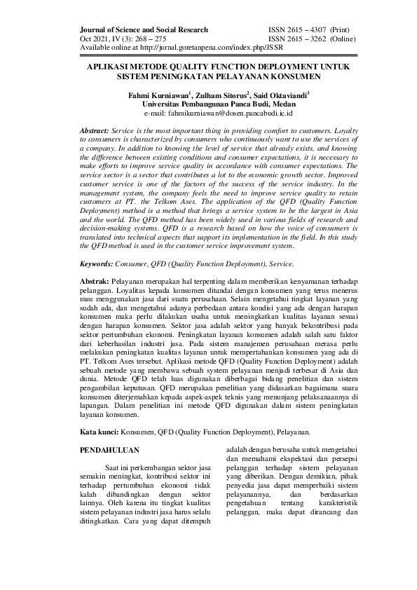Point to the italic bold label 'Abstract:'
click(x=95, y=131)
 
